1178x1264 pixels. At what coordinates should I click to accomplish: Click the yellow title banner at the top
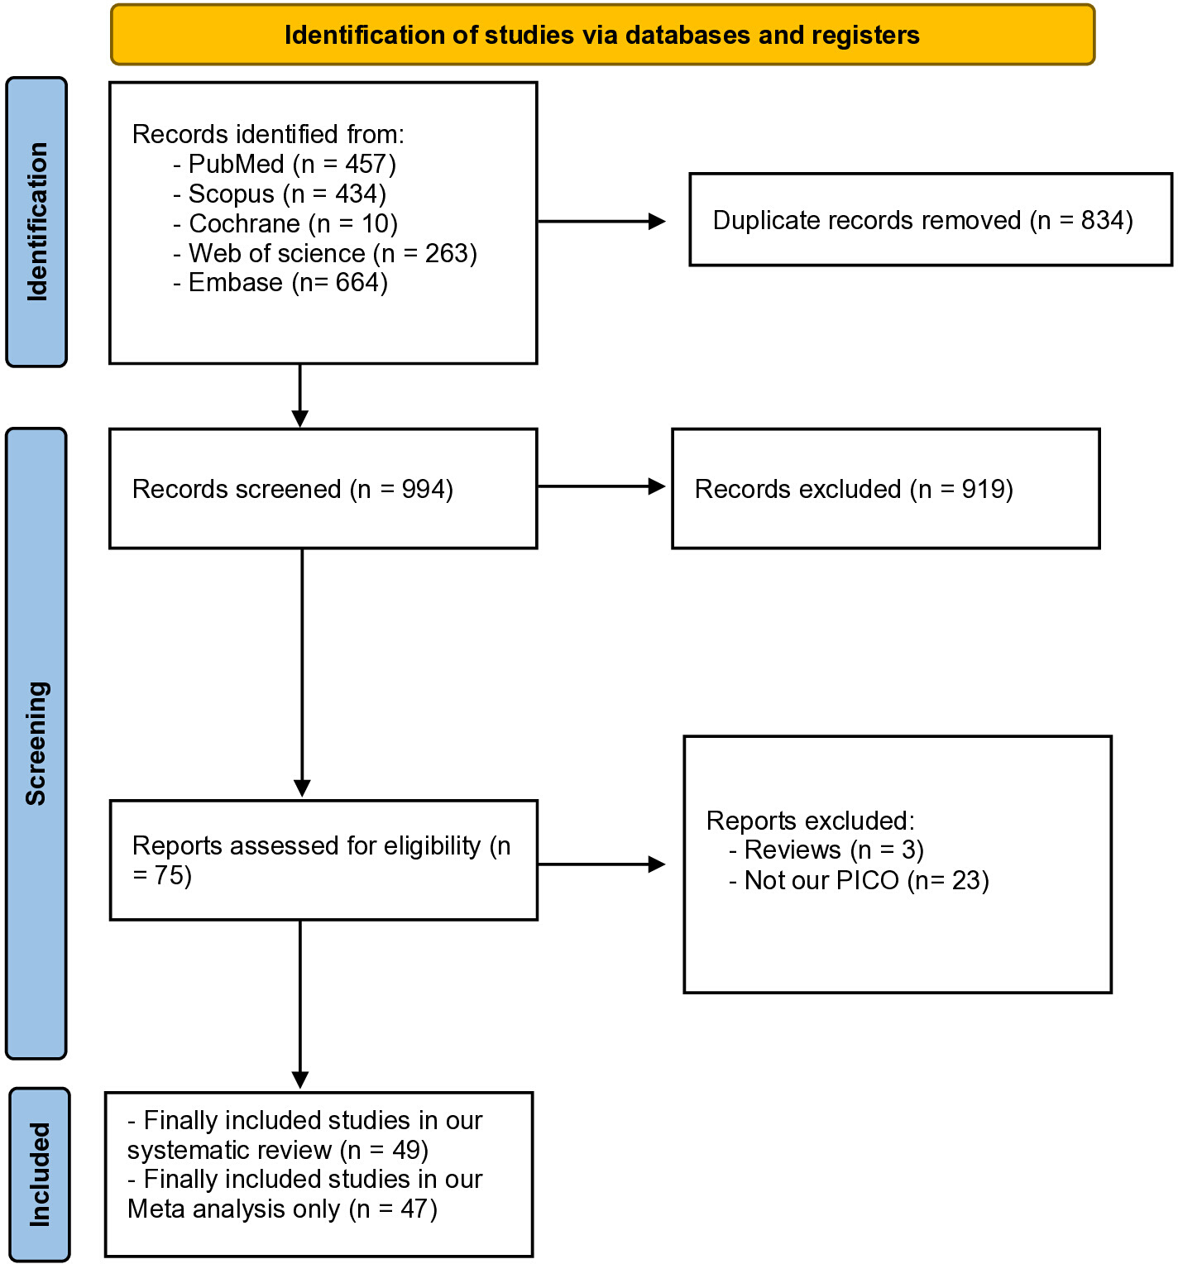click(602, 35)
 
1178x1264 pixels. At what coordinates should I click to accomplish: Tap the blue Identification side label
click(36, 222)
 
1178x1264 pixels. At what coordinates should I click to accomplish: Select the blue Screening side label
click(36, 743)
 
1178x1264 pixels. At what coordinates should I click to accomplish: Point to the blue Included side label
click(40, 1174)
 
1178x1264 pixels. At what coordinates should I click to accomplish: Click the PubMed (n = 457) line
click(285, 164)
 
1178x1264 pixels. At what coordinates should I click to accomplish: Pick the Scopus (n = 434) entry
click(280, 194)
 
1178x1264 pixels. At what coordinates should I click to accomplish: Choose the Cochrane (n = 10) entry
click(285, 223)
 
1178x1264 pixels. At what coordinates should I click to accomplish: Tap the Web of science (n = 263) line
click(325, 253)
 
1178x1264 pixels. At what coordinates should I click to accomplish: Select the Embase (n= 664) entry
click(280, 282)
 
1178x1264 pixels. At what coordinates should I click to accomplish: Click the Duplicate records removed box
click(931, 219)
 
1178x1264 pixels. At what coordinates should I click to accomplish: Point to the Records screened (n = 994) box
click(323, 488)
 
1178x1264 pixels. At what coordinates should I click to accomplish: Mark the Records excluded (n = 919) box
click(886, 488)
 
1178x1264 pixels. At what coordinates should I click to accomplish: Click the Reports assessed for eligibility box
click(323, 860)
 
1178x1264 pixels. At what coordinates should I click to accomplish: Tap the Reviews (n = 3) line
click(826, 850)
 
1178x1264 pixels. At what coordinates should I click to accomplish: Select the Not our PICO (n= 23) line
click(859, 880)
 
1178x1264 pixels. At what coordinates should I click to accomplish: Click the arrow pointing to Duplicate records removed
click(601, 221)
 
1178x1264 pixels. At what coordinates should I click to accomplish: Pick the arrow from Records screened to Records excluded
click(601, 486)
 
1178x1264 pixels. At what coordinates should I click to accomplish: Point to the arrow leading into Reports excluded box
click(601, 864)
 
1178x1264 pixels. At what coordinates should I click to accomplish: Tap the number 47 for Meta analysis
click(414, 1209)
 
